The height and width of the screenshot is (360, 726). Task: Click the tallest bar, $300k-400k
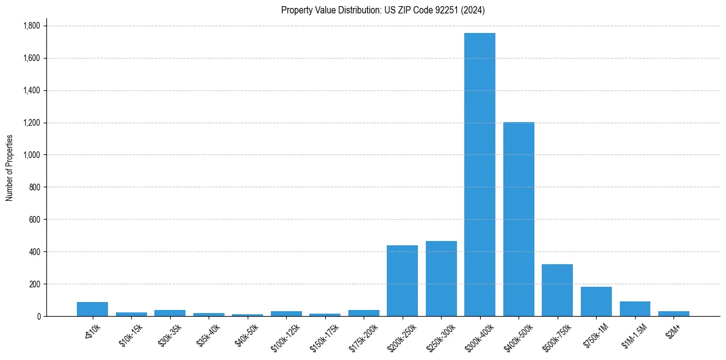click(x=480, y=175)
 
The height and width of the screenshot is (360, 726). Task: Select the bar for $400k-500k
click(x=519, y=219)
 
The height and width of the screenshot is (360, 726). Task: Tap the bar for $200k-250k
click(x=402, y=281)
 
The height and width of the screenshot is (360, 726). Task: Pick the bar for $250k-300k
click(x=441, y=278)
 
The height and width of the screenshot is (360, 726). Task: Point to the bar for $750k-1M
click(x=596, y=301)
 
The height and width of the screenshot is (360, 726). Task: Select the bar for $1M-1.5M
click(x=635, y=309)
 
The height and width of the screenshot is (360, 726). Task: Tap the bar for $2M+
click(x=674, y=314)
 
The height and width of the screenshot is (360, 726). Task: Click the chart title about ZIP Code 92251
click(x=383, y=10)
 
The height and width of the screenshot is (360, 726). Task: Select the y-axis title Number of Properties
click(x=10, y=168)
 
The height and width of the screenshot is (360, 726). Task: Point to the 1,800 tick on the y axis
click(x=31, y=26)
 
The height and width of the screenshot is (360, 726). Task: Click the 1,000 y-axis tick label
click(x=31, y=155)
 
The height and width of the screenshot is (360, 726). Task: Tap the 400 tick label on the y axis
click(x=35, y=251)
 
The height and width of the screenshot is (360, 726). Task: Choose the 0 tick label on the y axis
click(x=38, y=316)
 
